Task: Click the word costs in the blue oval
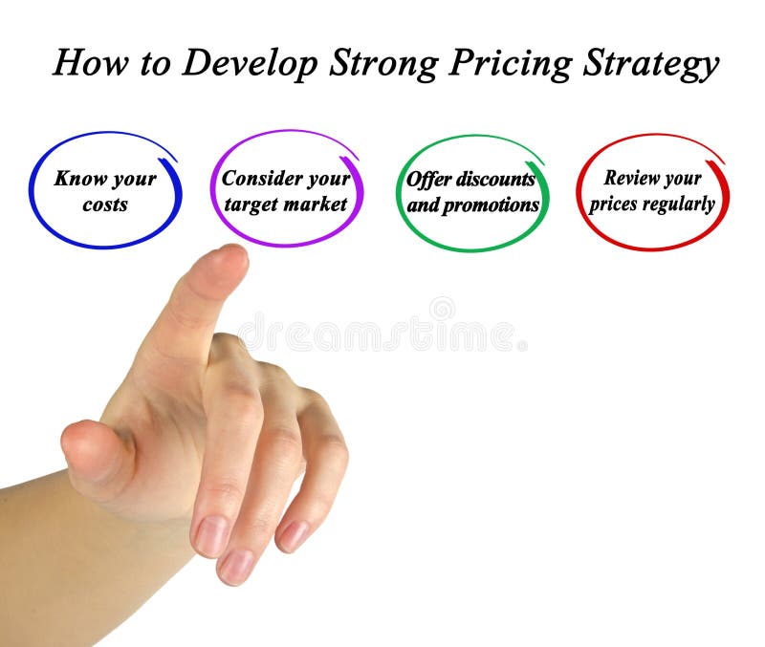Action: [105, 205]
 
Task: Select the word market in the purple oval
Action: [315, 205]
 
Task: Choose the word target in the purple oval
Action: [250, 205]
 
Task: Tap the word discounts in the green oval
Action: [496, 180]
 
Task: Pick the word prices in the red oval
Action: [615, 205]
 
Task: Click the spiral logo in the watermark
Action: [442, 309]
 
